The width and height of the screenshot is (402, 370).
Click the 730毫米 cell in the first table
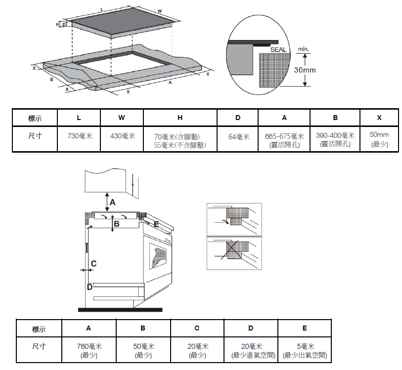click(x=79, y=136)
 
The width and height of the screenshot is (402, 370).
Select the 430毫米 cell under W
click(x=122, y=136)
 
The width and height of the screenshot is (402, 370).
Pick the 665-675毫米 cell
click(x=284, y=136)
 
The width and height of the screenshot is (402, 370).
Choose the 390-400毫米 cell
click(x=335, y=135)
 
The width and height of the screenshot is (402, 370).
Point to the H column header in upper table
click(x=180, y=118)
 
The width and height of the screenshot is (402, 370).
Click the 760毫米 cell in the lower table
click(x=89, y=347)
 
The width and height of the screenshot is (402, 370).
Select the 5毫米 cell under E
click(x=305, y=347)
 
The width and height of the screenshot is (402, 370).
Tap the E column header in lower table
click(x=305, y=328)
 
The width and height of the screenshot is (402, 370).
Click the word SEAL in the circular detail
click(x=278, y=50)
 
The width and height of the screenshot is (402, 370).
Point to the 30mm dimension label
click(x=305, y=70)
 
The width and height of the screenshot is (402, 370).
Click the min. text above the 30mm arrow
click(x=303, y=49)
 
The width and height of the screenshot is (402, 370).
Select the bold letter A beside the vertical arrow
click(x=112, y=202)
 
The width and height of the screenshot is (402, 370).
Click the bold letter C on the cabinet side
click(x=93, y=264)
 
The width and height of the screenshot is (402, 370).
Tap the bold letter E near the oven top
click(x=156, y=225)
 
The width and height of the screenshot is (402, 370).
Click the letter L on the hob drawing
click(x=101, y=9)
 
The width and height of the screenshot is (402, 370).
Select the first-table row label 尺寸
click(x=35, y=136)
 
